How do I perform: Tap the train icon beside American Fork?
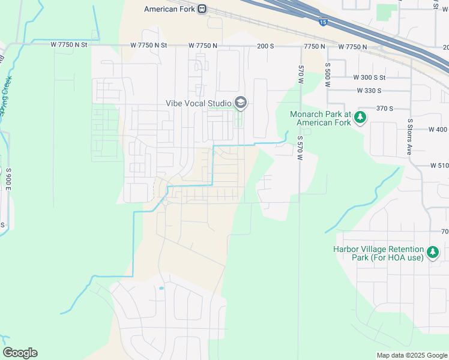203,9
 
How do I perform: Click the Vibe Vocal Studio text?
198,103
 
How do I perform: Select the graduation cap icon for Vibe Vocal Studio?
241,103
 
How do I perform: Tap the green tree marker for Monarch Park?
360,117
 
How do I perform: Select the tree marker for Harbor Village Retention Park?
432,253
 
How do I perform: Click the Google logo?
20,353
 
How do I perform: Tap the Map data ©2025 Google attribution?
411,355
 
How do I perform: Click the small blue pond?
161,288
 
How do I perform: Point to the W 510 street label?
439,165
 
